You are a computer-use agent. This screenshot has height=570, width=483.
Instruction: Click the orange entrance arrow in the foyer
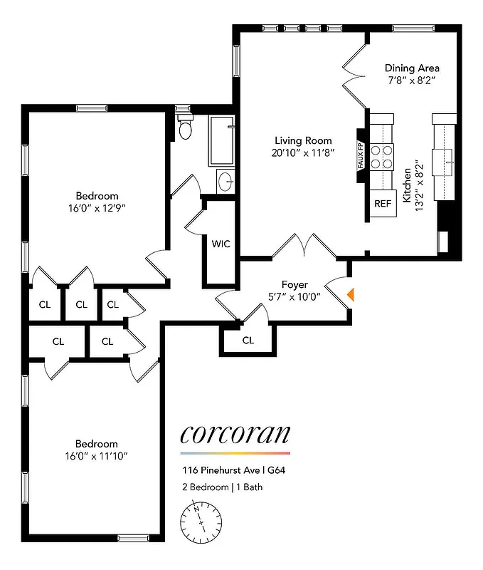[x=350, y=294]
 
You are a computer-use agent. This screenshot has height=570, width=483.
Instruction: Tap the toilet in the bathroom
[x=186, y=127]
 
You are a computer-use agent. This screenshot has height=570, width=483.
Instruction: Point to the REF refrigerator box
[x=383, y=203]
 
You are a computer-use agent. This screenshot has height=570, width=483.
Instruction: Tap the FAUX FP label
[x=361, y=155]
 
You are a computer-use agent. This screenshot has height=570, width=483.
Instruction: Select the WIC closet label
[x=221, y=244]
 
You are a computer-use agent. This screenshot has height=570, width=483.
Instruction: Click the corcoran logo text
[x=235, y=433]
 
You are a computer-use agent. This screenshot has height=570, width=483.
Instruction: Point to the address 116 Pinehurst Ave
[x=228, y=470]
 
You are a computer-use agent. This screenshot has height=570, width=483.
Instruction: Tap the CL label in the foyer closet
[x=248, y=340]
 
